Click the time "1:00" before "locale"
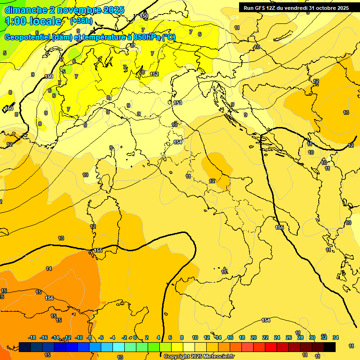tap(15, 21)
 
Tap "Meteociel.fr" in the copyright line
tap(218, 357)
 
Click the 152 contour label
tap(154, 74)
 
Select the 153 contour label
tap(178, 103)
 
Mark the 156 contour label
tap(49, 298)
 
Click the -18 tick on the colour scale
tap(32, 337)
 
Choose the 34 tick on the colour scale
tap(336, 337)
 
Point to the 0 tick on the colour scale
tap(135, 337)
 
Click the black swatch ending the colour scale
tap(330, 347)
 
